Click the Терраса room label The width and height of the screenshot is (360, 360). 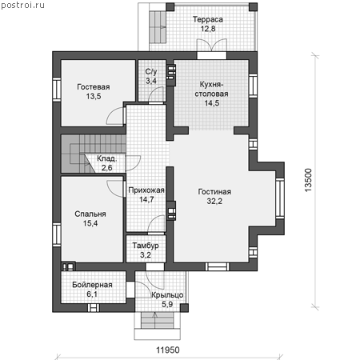208,20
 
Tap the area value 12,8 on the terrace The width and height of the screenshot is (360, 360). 208,29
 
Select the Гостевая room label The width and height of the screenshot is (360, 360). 94,87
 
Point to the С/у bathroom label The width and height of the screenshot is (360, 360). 151,72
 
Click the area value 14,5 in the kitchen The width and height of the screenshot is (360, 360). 212,103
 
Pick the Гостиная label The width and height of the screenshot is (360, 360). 214,192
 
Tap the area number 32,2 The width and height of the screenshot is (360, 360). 214,201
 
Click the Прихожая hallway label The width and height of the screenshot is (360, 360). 146,190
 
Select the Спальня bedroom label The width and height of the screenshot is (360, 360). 90,214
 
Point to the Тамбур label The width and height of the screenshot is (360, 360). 146,246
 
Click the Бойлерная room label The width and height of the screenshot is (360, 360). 92,285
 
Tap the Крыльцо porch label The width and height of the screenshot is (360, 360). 167,295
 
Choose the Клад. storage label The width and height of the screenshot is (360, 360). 106,158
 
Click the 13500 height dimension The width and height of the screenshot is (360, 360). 308,180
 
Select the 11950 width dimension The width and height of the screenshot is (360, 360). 168,350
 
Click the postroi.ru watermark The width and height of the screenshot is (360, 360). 22,6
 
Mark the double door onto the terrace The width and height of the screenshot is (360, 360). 212,45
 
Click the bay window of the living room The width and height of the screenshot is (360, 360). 280,198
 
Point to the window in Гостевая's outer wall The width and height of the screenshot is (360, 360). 57,90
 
